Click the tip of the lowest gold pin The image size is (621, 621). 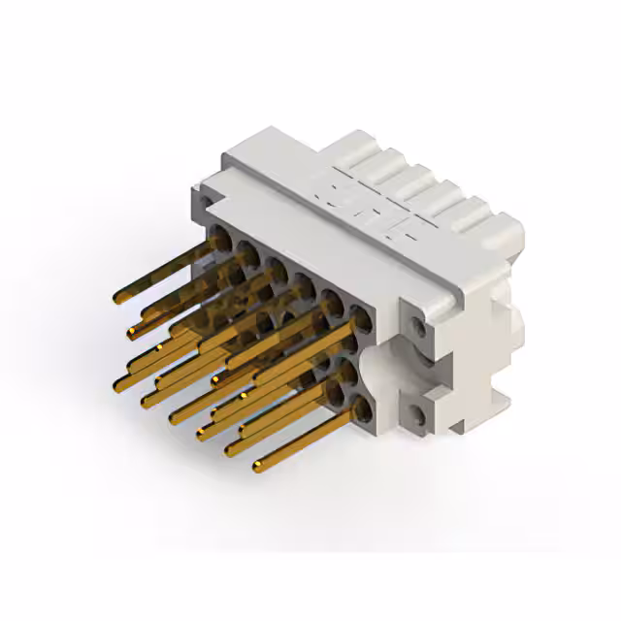click(258, 469)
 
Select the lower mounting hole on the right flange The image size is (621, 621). click(417, 417)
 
